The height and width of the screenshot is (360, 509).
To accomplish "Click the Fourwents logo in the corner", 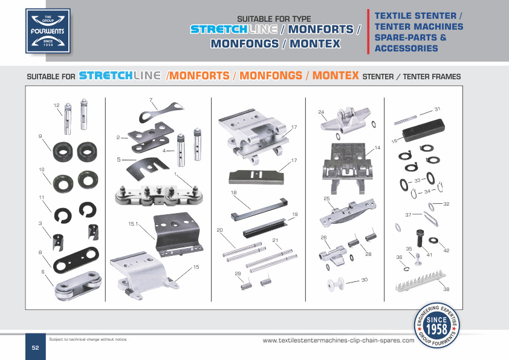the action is (x=48, y=31).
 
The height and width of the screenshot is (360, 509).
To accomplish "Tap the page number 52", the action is (x=36, y=347).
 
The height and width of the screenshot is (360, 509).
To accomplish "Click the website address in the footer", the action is (x=339, y=341).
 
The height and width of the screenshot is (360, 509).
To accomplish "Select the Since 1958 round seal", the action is (x=436, y=325).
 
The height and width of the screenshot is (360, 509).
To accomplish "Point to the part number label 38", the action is (x=446, y=289).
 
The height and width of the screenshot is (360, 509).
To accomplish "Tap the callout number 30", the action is (x=365, y=280).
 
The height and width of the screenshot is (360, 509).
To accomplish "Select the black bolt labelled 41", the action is (x=420, y=238).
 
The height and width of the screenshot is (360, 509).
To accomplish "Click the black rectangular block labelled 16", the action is (x=423, y=130).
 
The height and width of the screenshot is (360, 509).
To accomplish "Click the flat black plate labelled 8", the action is (x=76, y=260).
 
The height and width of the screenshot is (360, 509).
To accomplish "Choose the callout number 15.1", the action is (x=133, y=224).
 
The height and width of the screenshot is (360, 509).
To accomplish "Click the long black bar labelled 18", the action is (x=259, y=209).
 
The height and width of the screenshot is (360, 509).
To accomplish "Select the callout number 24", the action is (x=321, y=112).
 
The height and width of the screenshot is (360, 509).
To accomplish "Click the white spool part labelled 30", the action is (x=336, y=284).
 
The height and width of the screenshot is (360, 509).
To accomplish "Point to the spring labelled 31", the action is (x=405, y=120).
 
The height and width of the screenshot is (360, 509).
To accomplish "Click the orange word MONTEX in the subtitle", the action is (x=336, y=76).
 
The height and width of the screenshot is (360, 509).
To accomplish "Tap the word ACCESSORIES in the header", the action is (x=406, y=48).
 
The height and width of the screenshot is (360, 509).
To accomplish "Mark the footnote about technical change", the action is (x=88, y=339).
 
